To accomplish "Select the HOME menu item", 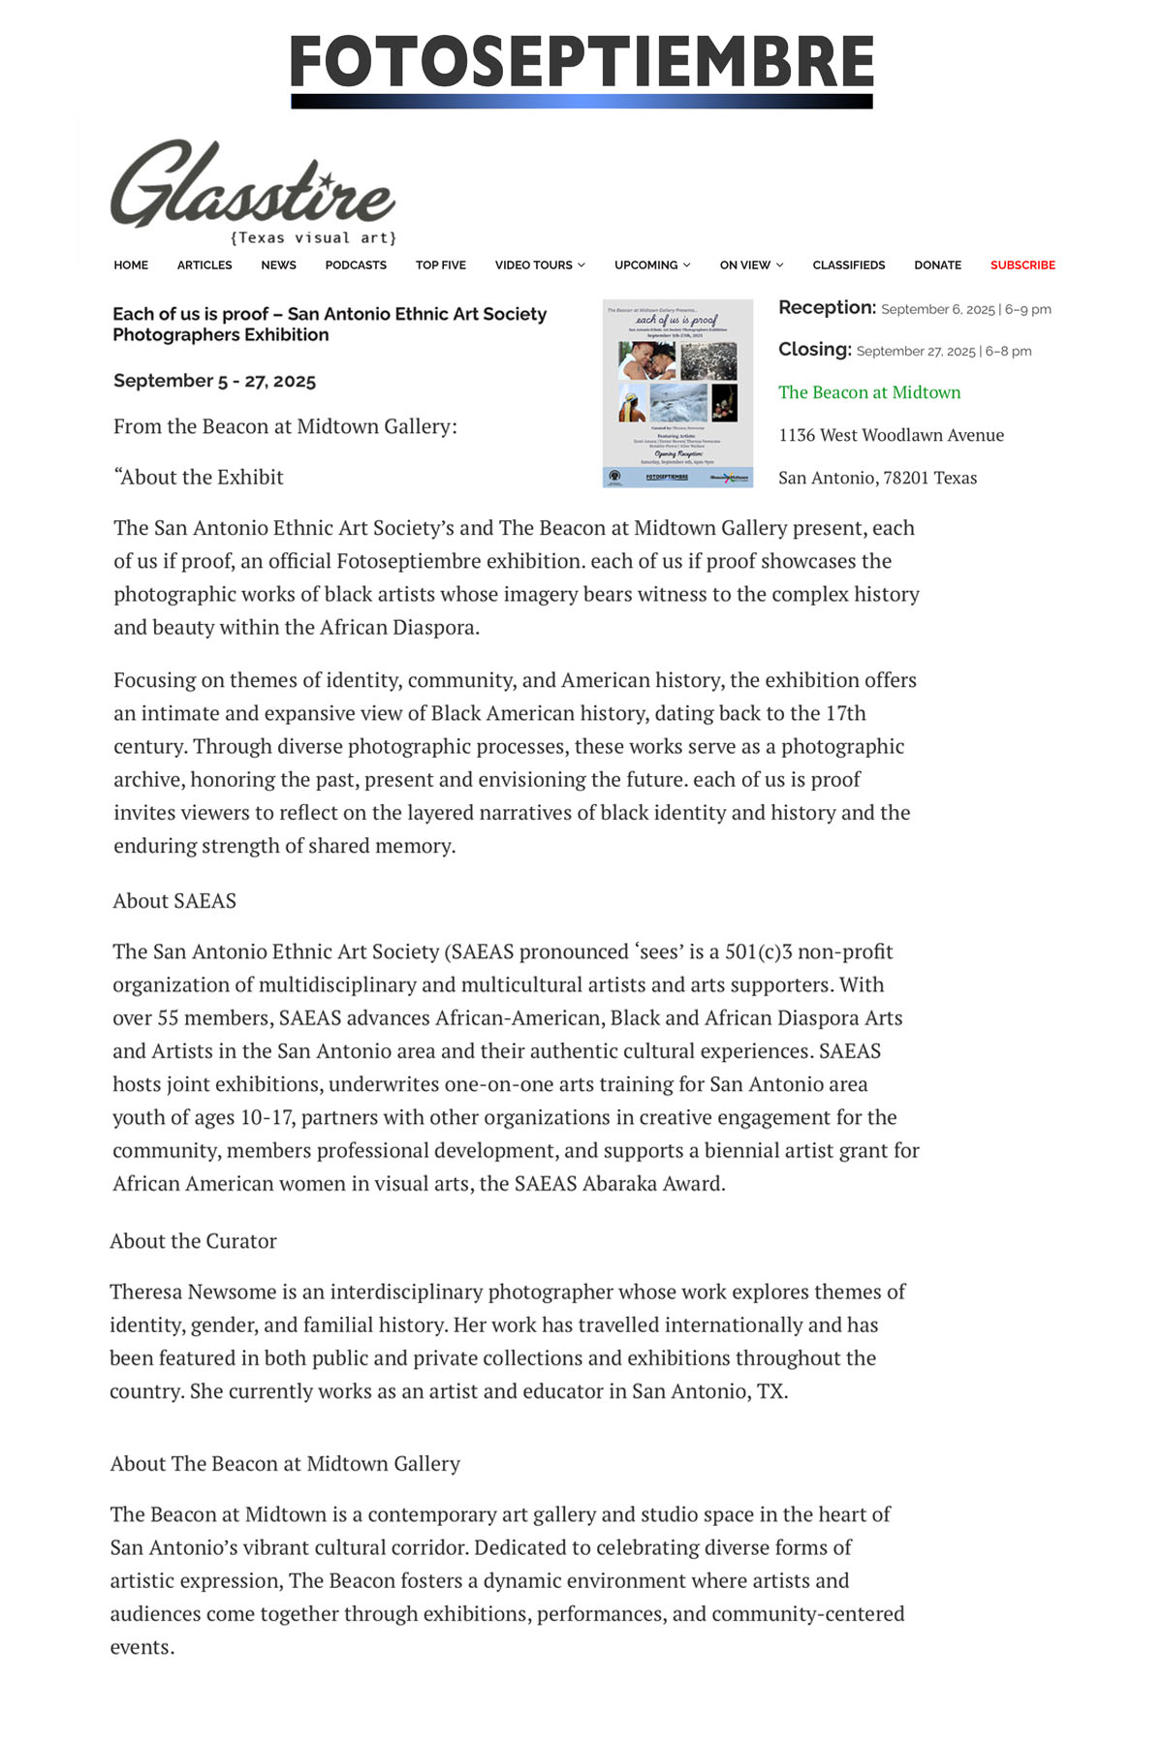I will [131, 265].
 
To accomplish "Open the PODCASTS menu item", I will [356, 265].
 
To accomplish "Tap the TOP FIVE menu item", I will [441, 265].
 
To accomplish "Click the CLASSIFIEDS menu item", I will [849, 265].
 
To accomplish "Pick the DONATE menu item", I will [937, 265].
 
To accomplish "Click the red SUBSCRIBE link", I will [1022, 265].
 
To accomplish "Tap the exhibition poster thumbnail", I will [677, 392].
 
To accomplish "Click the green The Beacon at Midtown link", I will [869, 392].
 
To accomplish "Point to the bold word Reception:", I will [827, 308].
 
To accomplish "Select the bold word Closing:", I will [815, 350].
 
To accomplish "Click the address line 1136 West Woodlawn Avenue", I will [891, 435].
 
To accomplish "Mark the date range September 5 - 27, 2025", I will [214, 381].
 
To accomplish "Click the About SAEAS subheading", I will [174, 901].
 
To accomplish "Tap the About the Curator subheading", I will [193, 1241].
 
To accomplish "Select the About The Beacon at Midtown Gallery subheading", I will [285, 1463].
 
